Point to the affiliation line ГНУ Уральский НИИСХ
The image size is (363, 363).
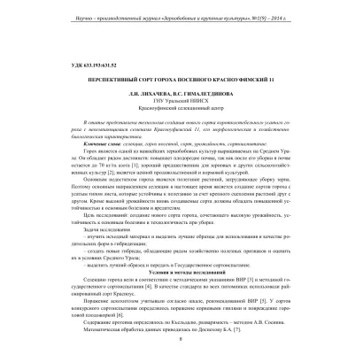[x=181, y=105]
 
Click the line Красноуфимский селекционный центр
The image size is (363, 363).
[x=181, y=113]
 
